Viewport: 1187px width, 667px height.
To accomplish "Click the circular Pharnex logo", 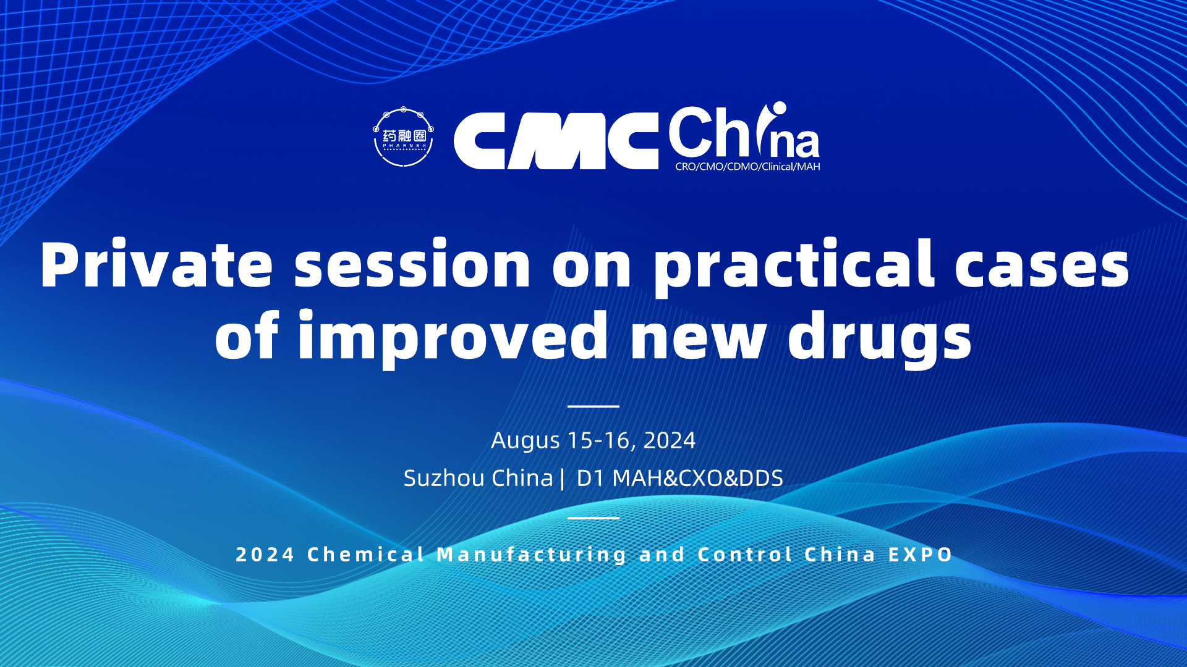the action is coord(404,137).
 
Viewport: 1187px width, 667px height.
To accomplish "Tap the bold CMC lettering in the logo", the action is coord(556,141).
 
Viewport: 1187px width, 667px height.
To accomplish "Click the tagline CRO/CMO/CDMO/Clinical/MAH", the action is coord(747,167).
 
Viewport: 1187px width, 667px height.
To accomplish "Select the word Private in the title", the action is coord(156,264).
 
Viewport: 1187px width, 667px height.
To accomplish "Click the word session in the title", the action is coord(412,264).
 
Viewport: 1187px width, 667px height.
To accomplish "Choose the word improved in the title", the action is coord(453,338).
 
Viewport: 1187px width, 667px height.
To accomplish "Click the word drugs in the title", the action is coord(880,338).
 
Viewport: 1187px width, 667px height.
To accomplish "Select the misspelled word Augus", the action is coord(525,441).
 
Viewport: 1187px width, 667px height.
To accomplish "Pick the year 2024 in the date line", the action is coord(670,440).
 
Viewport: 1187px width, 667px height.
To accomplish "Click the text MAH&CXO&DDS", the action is coord(697,478).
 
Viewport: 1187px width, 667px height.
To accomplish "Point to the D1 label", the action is coord(590,478).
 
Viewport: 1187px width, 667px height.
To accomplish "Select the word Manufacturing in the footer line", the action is coord(532,555).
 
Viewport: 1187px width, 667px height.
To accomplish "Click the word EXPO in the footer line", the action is coord(921,555).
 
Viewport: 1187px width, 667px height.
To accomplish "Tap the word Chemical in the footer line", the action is coord(366,555).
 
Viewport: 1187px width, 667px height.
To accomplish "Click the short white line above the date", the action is coord(593,406).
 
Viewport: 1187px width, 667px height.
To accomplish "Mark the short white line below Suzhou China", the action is coord(593,518).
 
